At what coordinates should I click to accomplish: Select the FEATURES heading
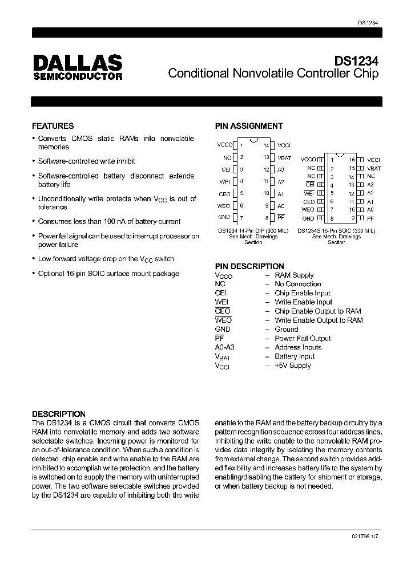coord(53,126)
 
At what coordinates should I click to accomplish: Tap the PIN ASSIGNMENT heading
coord(248,126)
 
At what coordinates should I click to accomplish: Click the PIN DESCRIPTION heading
coord(249,266)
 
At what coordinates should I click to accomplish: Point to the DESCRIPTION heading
coord(59,414)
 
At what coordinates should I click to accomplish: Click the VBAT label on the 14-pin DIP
coord(284,157)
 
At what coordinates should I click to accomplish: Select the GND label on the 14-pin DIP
coord(224,217)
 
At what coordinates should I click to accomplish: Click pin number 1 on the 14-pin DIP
coord(241,145)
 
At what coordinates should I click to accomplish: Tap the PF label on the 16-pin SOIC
coord(370,218)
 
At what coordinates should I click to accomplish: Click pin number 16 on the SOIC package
coord(352,160)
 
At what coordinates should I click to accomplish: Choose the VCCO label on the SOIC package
coord(308,160)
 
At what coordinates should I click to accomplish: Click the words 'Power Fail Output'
coord(303,338)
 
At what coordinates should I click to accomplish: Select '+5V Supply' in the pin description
coord(292,365)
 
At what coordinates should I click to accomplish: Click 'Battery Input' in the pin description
coord(295,356)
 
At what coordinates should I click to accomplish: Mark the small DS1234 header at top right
coord(368,22)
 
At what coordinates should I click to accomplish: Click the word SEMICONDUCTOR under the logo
coord(77,76)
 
